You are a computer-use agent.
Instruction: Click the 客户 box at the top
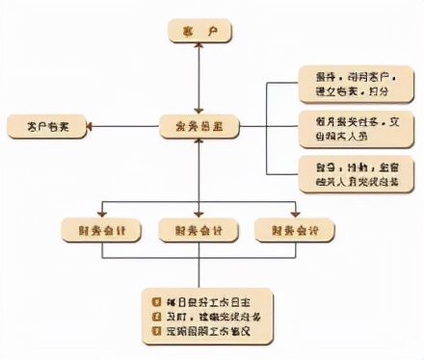click(x=197, y=31)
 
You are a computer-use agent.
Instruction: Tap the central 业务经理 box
click(x=197, y=125)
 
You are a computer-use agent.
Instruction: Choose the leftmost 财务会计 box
click(x=102, y=229)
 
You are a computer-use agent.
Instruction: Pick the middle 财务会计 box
click(x=198, y=229)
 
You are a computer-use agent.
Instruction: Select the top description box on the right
click(x=354, y=84)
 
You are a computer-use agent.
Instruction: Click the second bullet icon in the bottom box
click(x=156, y=316)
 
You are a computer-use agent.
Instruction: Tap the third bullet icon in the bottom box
click(x=156, y=332)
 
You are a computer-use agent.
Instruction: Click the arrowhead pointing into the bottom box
click(x=198, y=281)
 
